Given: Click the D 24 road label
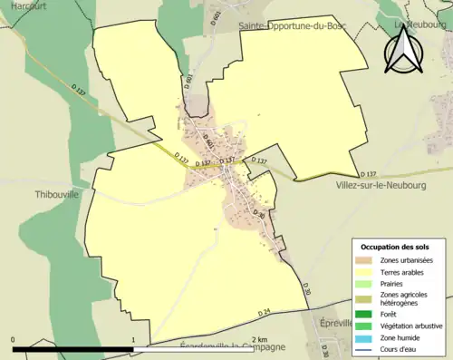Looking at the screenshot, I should (x=264, y=313).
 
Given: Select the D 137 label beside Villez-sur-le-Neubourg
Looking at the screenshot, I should (x=368, y=173).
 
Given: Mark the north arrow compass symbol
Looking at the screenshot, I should (x=403, y=51).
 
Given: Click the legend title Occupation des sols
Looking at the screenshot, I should (x=397, y=247).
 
